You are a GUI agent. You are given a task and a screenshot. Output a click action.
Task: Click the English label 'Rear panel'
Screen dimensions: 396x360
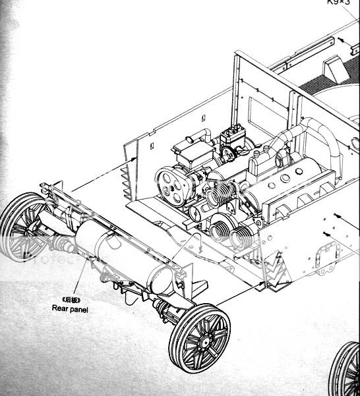(70, 308)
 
